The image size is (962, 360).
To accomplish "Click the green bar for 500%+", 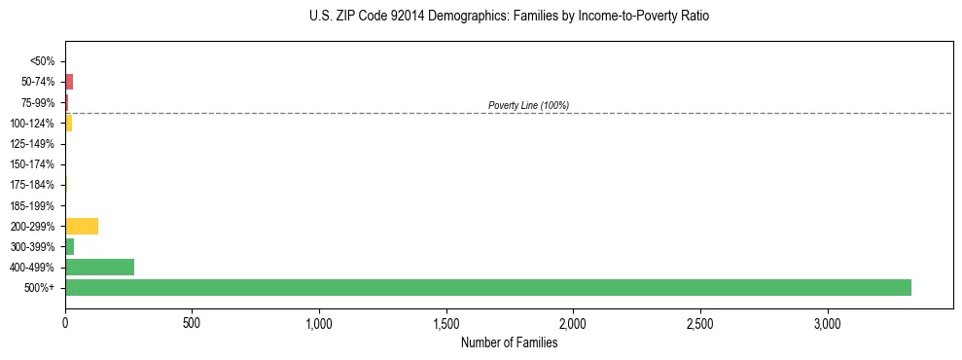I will pos(487,287).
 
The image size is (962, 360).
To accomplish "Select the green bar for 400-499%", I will pos(99,267).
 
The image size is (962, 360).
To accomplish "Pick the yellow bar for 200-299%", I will pos(82,226).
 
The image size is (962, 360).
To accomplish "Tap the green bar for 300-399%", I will pos(69,246).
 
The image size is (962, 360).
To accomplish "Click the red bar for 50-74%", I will pos(69,82).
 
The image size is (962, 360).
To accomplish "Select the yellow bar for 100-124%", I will pos(68,123).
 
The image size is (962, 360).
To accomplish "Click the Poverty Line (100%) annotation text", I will pos(528,105).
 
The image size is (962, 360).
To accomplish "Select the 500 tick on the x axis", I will pos(192,322).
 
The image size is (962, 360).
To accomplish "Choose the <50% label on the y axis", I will pos(42,61).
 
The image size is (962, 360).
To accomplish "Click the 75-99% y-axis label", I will pos(38,102).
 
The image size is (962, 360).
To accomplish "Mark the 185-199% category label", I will pos(32,205).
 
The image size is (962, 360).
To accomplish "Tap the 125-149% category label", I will pos(32,144).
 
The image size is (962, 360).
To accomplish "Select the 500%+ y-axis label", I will pos(40,288).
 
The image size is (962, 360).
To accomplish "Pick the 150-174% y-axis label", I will pos(32,164).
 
